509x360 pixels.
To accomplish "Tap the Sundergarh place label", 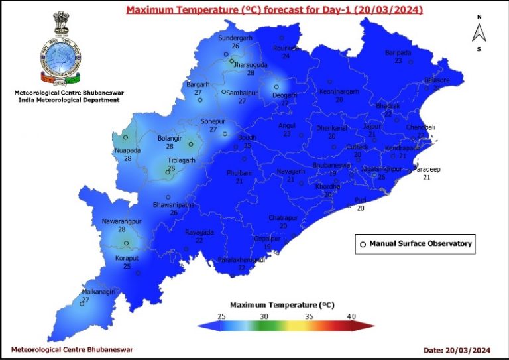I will (x=236, y=38).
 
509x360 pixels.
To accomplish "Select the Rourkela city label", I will (x=286, y=48).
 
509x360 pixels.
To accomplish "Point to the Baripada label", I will (x=398, y=53).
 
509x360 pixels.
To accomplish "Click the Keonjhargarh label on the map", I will (x=339, y=91).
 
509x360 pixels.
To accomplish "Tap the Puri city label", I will (x=361, y=200).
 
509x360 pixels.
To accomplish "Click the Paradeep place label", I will (x=427, y=170).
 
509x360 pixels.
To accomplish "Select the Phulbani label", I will (x=239, y=172).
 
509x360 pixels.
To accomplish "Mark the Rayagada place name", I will (x=199, y=233).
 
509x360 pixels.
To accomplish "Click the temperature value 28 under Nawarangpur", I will (x=122, y=229).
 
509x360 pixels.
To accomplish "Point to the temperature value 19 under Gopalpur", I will (x=268, y=247).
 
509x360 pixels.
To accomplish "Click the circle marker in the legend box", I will (x=363, y=244).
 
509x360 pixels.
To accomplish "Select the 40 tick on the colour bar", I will (x=352, y=316).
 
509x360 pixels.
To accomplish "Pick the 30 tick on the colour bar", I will (x=264, y=316).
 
